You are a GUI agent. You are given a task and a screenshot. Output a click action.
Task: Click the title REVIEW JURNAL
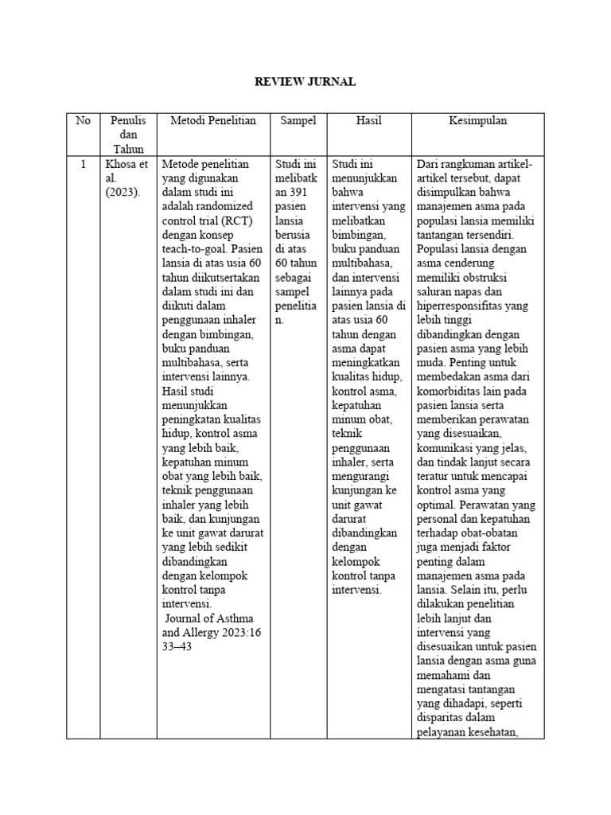pyautogui.click(x=305, y=82)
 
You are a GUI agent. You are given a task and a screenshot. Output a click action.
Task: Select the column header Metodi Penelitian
pyautogui.click(x=213, y=121)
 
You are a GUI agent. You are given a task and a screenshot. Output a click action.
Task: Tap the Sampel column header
pyautogui.click(x=298, y=121)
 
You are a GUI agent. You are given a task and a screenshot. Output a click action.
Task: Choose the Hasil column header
pyautogui.click(x=368, y=121)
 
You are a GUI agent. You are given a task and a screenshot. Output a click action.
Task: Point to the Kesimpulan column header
pyautogui.click(x=477, y=121)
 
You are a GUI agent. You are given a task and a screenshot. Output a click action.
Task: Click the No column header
pyautogui.click(x=83, y=121)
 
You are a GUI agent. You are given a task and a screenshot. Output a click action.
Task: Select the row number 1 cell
pyautogui.click(x=83, y=165)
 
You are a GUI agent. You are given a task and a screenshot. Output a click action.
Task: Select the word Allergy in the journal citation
pyautogui.click(x=197, y=632)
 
